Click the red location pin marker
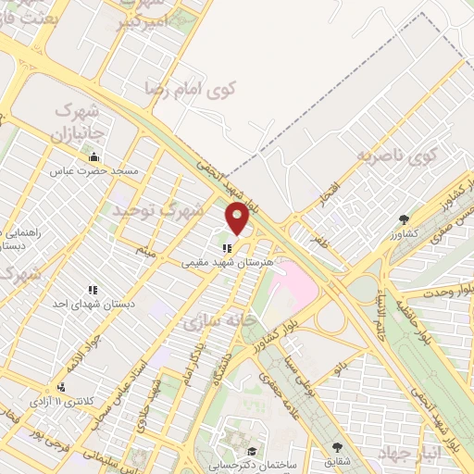(238, 219)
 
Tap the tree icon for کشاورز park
(405, 218)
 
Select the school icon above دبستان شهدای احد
(92, 291)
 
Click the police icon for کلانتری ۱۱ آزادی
(61, 386)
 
